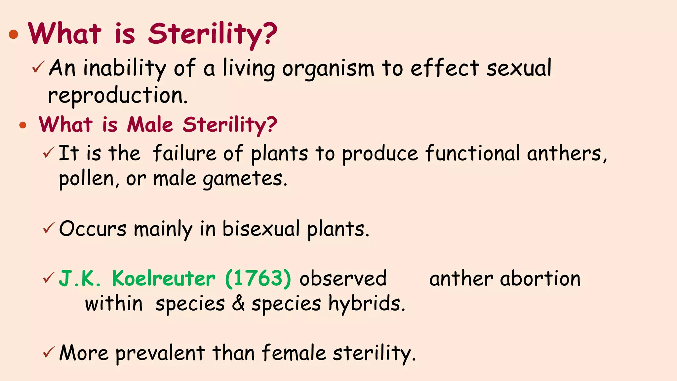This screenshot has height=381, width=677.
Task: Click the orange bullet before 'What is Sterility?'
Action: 14,34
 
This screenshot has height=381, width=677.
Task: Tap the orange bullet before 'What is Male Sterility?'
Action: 22,125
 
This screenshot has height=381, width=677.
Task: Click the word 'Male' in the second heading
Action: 150,125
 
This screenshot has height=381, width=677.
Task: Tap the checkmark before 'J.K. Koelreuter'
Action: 48,278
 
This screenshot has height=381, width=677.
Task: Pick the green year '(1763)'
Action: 258,278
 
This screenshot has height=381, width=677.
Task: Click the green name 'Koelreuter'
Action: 164,278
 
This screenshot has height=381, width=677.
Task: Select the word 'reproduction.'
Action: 118,96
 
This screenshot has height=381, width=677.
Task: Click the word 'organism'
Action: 328,68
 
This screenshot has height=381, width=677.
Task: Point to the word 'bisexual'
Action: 261,229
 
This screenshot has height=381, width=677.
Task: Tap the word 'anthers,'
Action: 567,154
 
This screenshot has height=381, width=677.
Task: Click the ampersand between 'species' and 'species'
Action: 238,304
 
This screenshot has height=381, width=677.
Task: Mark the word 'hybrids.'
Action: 367,304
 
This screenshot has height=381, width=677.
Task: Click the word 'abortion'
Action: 540,278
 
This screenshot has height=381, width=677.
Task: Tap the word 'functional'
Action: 473,154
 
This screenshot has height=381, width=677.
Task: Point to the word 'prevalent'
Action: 160,353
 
